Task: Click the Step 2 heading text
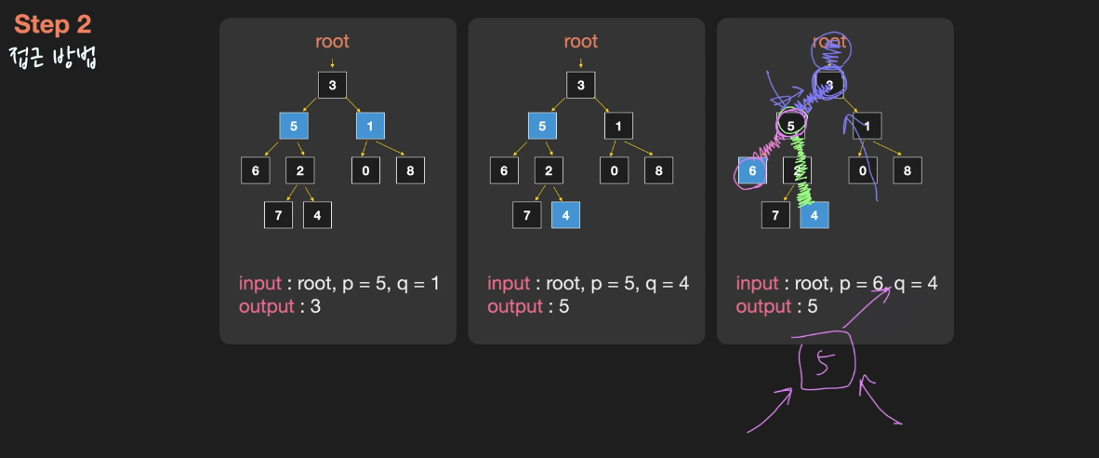tap(53, 25)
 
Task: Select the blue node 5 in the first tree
tap(295, 126)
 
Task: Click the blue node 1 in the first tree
tap(370, 126)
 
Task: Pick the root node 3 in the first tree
tap(332, 86)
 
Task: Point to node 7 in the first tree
tap(278, 215)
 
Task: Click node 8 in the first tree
tap(410, 170)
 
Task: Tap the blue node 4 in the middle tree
tap(565, 215)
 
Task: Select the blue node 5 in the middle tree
tap(543, 126)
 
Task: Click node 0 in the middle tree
tap(614, 170)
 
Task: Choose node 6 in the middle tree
tap(504, 170)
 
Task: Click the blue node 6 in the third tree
tap(752, 171)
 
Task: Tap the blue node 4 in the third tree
tap(814, 215)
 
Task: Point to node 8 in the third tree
tap(907, 170)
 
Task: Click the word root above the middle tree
tap(580, 41)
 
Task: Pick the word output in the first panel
tap(267, 306)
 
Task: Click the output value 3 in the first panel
tap(315, 306)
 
